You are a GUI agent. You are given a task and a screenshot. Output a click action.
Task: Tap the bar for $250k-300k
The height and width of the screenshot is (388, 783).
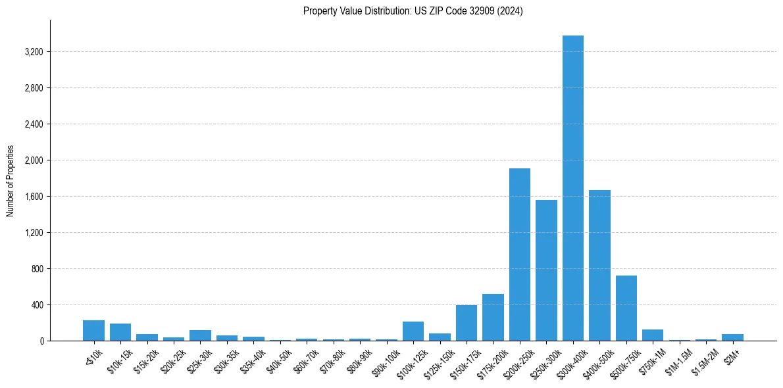[546, 270]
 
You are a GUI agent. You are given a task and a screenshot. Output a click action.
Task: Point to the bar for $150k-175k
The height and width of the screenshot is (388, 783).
[467, 323]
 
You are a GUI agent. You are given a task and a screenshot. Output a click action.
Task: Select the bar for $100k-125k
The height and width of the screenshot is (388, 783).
[413, 331]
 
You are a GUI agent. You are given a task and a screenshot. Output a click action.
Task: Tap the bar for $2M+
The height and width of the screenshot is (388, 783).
[732, 337]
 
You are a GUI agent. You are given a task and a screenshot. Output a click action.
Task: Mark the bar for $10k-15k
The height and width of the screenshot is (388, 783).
[120, 332]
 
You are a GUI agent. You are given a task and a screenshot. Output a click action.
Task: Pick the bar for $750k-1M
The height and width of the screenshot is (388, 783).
[653, 335]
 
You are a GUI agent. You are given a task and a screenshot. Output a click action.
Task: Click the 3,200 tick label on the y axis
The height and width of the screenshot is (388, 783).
[32, 52]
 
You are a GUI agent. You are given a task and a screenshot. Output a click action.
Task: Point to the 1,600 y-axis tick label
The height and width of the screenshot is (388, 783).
[32, 197]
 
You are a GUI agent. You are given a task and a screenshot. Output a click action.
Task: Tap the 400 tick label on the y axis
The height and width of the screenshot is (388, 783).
[36, 305]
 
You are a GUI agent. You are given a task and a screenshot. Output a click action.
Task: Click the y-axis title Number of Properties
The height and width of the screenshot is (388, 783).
[10, 180]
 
